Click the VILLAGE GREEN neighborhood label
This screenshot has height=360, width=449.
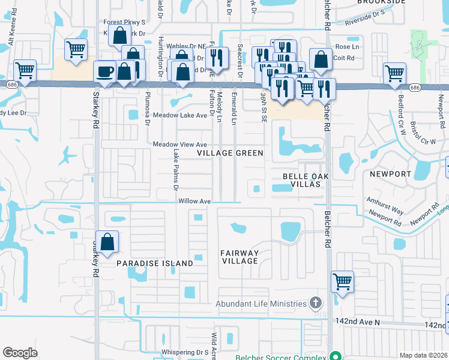pyautogui.click(x=231, y=153)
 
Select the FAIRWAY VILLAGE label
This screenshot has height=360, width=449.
pyautogui.click(x=239, y=257)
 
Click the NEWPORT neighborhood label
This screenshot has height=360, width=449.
pyautogui.click(x=390, y=174)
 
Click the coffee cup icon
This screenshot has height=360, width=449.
pyautogui.click(x=106, y=72)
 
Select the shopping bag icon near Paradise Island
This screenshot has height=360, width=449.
pyautogui.click(x=106, y=243)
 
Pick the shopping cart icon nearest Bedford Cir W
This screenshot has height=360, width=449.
pyautogui.click(x=394, y=74)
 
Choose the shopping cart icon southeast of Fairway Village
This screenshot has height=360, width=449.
pyautogui.click(x=342, y=281)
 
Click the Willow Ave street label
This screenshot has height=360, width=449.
pyautogui.click(x=194, y=201)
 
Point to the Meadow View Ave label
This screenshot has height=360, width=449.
pyautogui.click(x=179, y=145)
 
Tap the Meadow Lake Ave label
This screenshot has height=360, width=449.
pyautogui.click(x=179, y=115)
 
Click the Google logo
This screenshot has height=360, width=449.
pyautogui.click(x=20, y=353)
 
